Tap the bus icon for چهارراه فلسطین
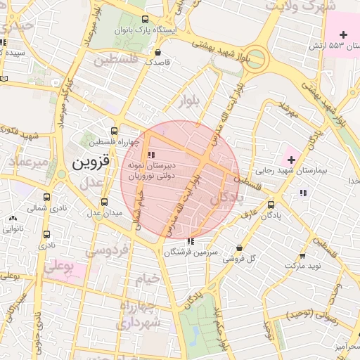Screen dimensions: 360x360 [x=114, y=130]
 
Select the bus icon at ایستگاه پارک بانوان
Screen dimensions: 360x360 [x=145, y=20]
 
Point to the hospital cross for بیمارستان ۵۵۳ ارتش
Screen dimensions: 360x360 [x=343, y=34]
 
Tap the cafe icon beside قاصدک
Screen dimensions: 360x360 [x=158, y=51]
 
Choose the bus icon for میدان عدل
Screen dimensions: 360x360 [x=104, y=202]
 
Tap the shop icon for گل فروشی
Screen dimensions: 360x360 [x=241, y=247]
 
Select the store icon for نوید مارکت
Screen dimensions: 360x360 [x=303, y=256]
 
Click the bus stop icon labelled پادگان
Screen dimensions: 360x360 [x=271, y=205]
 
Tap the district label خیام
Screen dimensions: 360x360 [x=148, y=279]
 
